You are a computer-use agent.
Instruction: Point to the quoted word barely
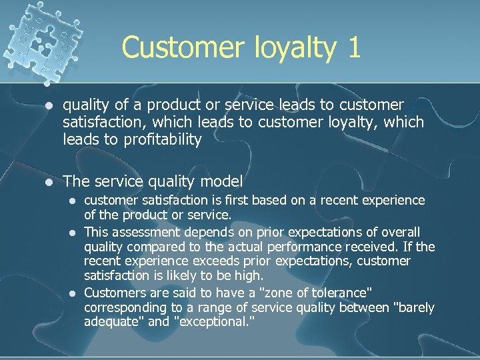tap(413, 307)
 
